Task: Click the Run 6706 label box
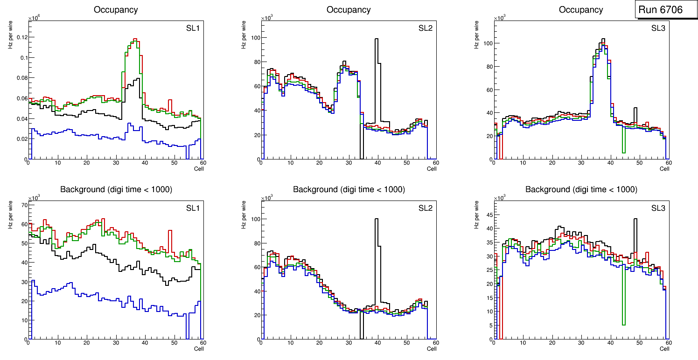click(x=660, y=9)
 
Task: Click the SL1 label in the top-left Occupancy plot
click(x=193, y=28)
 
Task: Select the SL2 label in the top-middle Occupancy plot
click(x=425, y=28)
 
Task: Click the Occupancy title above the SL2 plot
click(x=349, y=10)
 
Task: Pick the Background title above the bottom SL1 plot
click(x=116, y=189)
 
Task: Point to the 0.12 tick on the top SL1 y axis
click(x=21, y=37)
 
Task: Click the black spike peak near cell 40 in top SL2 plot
click(x=376, y=39)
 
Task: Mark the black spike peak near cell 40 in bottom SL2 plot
click(x=376, y=219)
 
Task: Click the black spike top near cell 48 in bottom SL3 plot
click(x=635, y=219)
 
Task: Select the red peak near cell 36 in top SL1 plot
click(x=135, y=39)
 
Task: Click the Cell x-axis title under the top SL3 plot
click(x=664, y=169)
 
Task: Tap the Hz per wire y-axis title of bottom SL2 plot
click(x=244, y=214)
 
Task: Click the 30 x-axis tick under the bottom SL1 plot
click(x=116, y=343)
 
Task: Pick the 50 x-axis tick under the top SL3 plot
click(x=640, y=163)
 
